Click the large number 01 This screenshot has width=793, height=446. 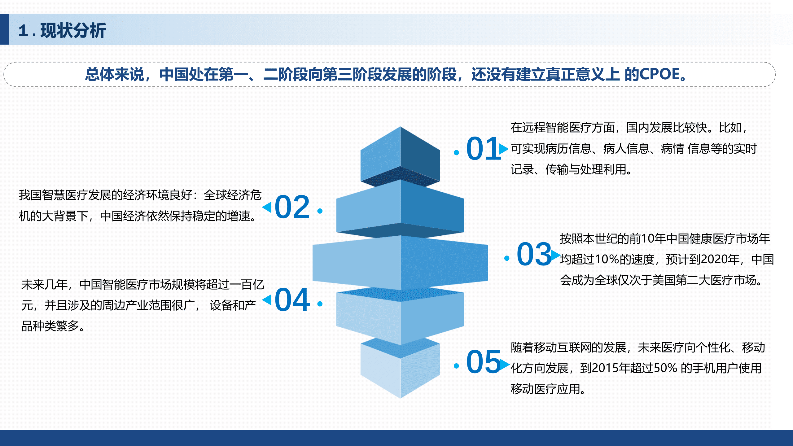pos(483,149)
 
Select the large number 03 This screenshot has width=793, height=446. pos(534,254)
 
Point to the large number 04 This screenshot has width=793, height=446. pos(292,300)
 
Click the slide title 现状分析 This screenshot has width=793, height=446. pos(73,30)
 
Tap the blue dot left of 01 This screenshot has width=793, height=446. pos(456,152)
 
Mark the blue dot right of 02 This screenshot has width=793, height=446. pos(320,211)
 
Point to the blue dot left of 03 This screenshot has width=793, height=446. pos(507,258)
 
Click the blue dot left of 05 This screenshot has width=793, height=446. pos(456,366)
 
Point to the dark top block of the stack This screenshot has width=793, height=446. pos(400,155)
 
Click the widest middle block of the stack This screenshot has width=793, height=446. pos(400,263)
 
